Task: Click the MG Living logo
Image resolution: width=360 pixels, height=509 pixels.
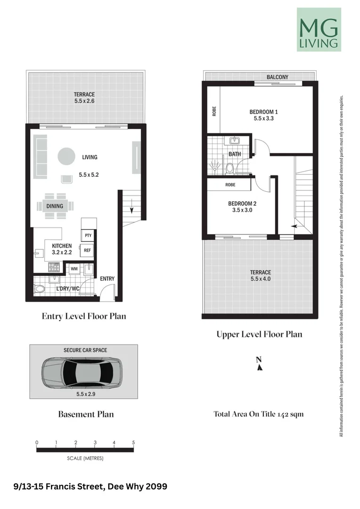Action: pos(319,30)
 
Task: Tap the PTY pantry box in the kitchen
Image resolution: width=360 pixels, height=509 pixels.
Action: pos(88,235)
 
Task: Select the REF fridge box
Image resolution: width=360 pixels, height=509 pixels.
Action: pos(87,250)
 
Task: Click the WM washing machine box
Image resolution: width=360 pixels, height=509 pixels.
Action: pos(74,269)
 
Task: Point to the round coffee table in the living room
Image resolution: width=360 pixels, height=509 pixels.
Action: pos(66,156)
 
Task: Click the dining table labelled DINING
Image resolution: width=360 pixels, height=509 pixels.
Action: pos(55,206)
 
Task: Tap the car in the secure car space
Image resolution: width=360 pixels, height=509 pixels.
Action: pos(82,373)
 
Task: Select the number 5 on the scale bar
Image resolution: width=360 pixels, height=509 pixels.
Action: pos(133,443)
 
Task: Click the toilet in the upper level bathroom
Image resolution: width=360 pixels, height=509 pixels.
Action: pos(230,168)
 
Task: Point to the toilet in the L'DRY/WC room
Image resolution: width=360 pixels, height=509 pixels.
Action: pos(40,289)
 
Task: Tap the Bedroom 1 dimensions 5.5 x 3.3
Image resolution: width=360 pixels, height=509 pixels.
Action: pos(263,118)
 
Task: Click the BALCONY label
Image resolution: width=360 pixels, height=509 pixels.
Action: pos(277,77)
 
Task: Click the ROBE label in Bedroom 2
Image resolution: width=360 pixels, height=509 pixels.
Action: pos(230,185)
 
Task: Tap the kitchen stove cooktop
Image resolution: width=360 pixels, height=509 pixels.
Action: pos(54,267)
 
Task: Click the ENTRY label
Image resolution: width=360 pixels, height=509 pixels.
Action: pos(107,279)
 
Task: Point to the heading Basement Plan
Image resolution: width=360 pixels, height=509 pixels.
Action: pos(86,414)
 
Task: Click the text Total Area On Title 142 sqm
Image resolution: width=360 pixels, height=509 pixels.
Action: pos(259,414)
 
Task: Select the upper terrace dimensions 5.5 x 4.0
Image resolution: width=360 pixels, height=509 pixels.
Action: pos(261,279)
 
